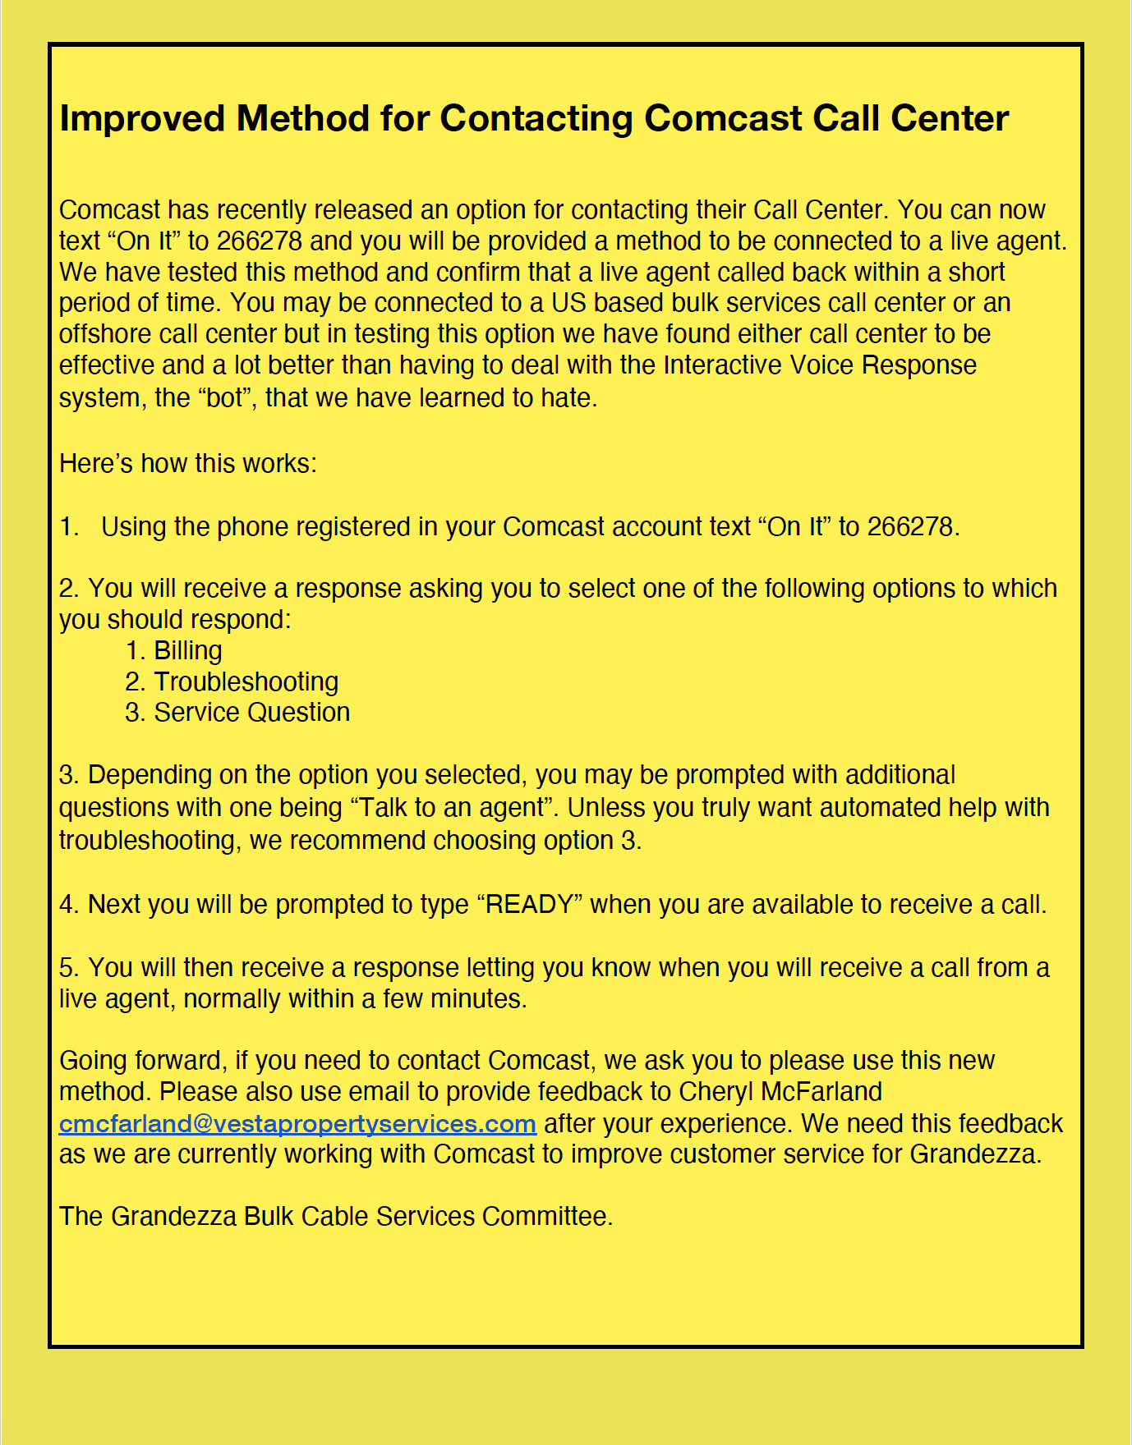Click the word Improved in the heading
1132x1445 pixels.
click(142, 119)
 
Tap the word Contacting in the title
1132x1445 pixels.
click(536, 119)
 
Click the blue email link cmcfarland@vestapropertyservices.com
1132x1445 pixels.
click(297, 1123)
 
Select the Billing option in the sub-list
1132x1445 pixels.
click(187, 651)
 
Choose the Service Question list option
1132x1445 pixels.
click(251, 713)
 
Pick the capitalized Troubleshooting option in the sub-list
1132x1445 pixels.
click(246, 682)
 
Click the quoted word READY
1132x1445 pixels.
click(530, 905)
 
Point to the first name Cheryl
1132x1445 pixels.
click(716, 1092)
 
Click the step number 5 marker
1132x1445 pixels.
click(67, 968)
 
